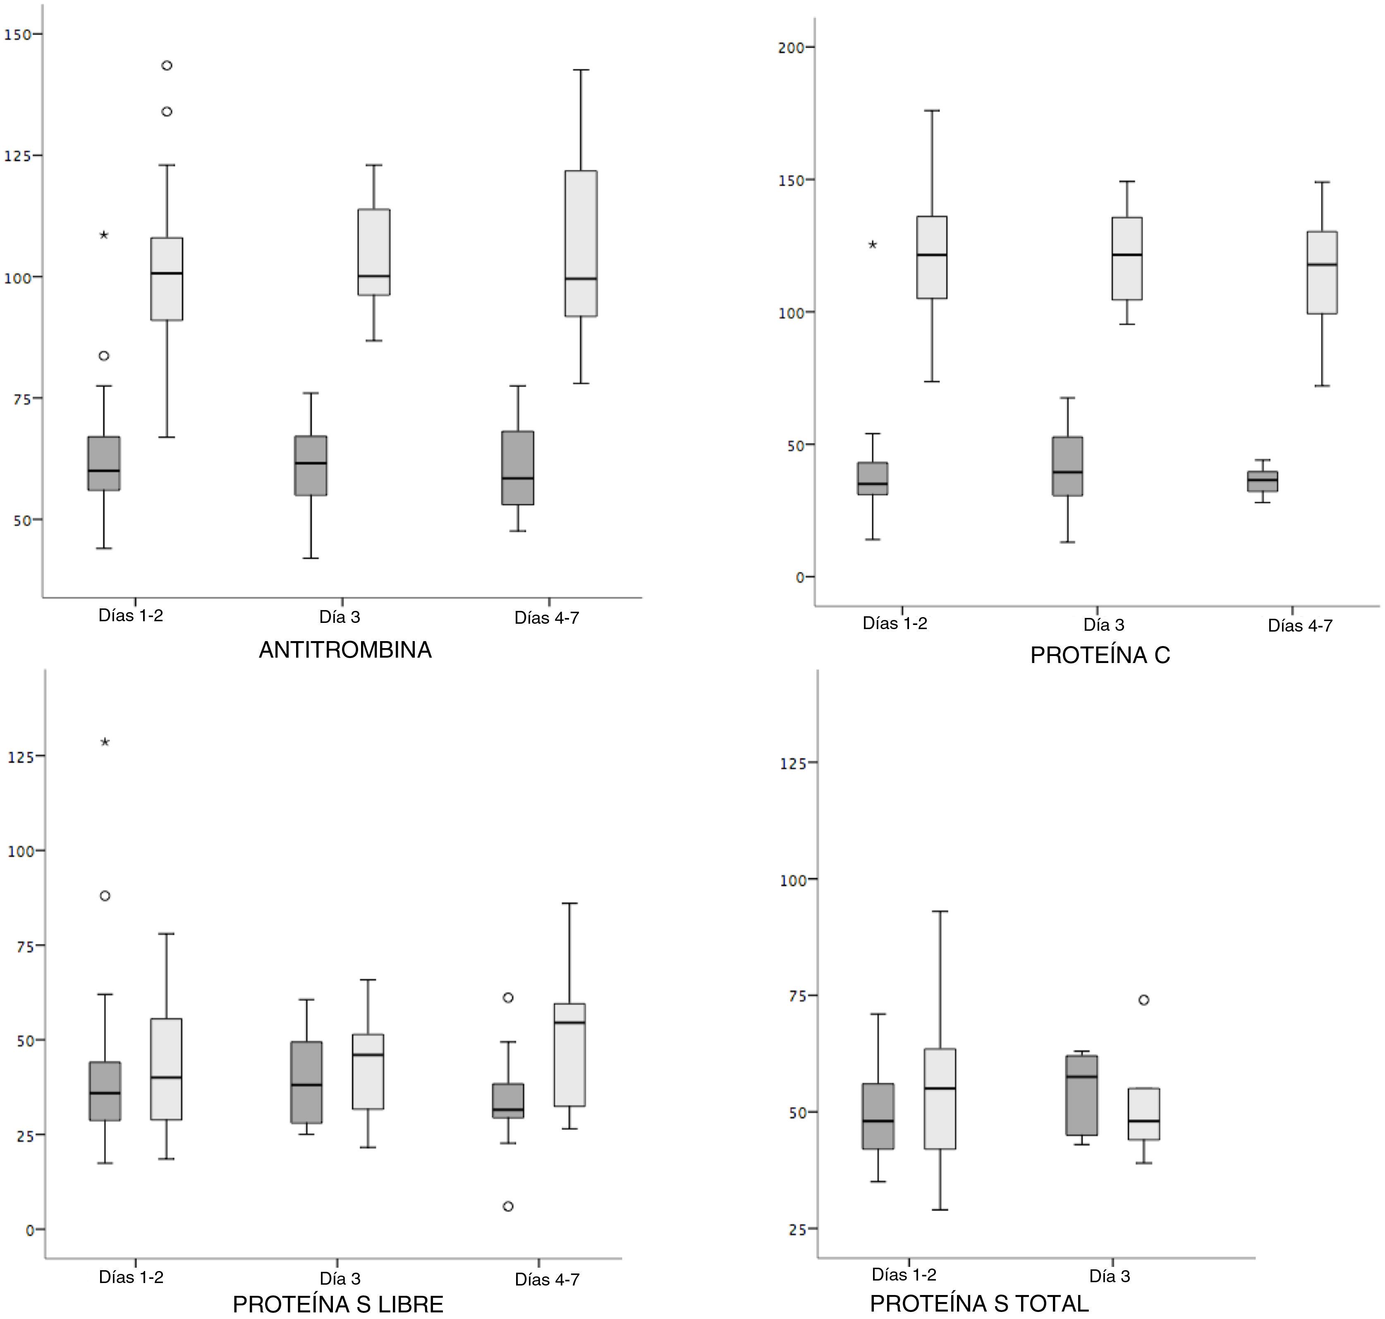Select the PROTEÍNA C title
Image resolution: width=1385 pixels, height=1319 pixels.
(1100, 655)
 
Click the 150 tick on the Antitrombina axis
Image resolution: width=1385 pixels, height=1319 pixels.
(20, 34)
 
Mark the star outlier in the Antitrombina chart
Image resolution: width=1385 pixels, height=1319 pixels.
(104, 235)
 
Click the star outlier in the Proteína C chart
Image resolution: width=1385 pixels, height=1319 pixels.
(873, 245)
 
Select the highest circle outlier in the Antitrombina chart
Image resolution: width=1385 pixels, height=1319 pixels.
(167, 65)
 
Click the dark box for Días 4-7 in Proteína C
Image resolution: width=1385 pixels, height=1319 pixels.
(1262, 481)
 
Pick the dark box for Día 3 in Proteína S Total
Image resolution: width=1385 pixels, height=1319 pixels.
(1081, 1095)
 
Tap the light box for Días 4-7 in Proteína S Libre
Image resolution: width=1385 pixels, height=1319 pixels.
(569, 1055)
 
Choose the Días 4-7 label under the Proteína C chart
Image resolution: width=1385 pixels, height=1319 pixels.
(1300, 626)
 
